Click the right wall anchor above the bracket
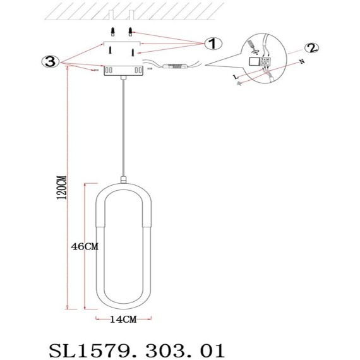point(131,33)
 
